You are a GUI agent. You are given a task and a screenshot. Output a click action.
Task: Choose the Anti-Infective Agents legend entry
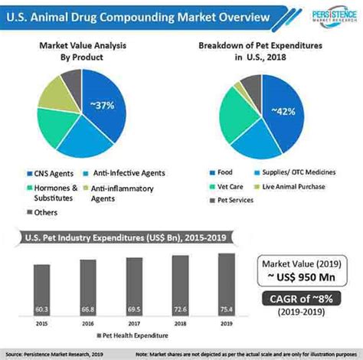(127, 172)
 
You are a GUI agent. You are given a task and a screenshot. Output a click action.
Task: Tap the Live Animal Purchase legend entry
(294, 185)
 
